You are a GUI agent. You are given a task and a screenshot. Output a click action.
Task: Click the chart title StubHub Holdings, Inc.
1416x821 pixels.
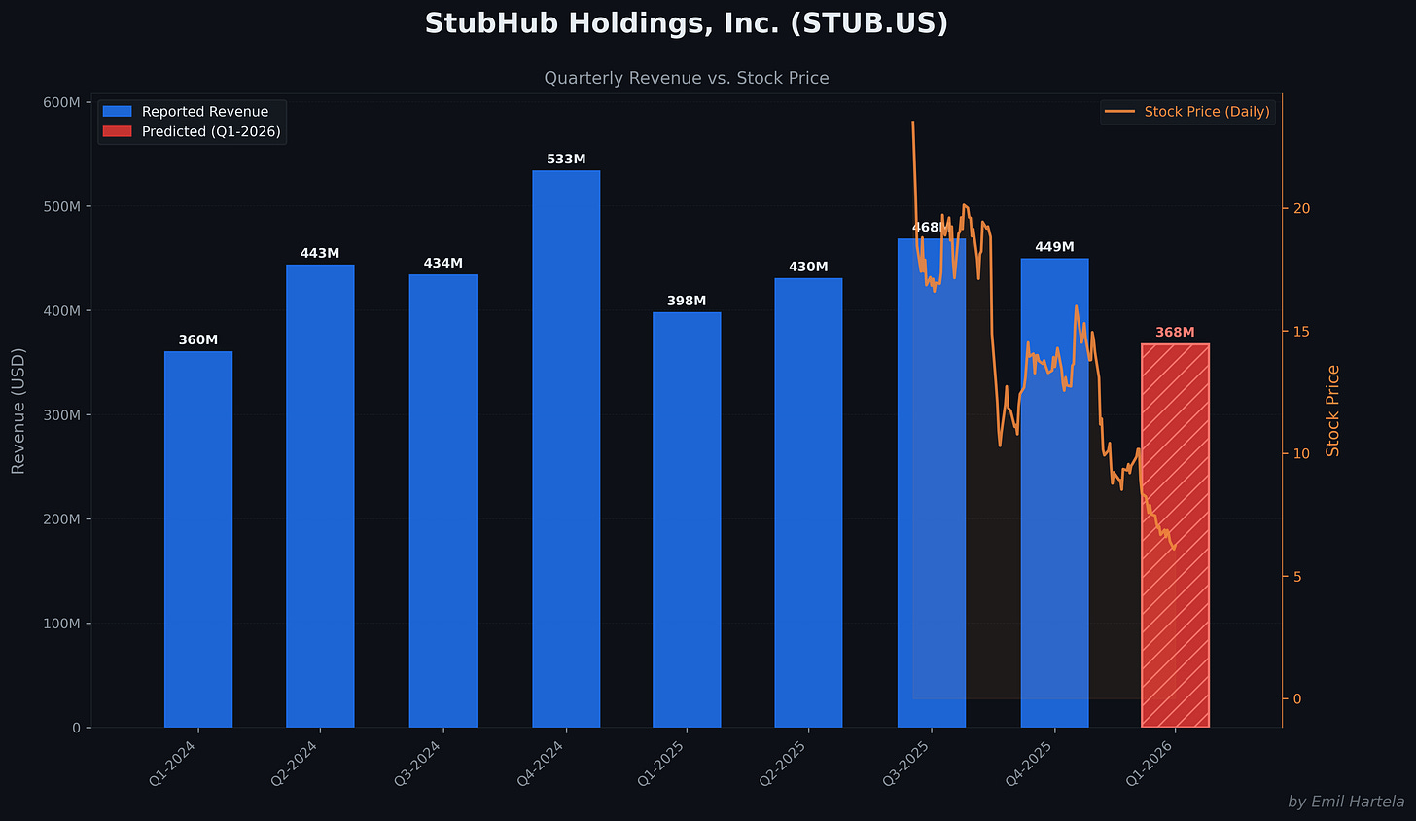tap(686, 23)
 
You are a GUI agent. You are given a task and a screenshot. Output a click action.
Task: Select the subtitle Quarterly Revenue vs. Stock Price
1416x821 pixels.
tap(686, 78)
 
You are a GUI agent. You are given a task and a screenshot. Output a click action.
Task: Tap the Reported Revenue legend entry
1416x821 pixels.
tap(204, 112)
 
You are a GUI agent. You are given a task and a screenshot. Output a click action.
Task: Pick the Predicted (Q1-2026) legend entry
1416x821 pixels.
tap(210, 131)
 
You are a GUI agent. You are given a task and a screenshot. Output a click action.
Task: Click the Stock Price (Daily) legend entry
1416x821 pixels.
tap(1206, 112)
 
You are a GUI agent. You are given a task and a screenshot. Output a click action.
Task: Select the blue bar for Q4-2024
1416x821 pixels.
tap(566, 447)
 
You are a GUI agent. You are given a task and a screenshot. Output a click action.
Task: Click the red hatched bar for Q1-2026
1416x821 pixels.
tap(1175, 535)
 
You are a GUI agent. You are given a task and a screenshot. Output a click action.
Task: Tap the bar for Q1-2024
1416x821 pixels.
tap(198, 540)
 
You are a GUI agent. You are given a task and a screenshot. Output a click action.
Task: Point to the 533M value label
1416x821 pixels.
tap(566, 160)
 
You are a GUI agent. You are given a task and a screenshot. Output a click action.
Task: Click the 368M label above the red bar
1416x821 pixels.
tap(1175, 333)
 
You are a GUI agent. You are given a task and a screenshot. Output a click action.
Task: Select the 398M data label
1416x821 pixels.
tap(687, 302)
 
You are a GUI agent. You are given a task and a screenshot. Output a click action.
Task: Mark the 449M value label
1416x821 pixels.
tap(1054, 247)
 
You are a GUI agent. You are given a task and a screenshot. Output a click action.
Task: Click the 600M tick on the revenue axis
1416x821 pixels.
tap(62, 102)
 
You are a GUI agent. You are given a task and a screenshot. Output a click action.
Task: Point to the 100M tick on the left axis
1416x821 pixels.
tap(62, 624)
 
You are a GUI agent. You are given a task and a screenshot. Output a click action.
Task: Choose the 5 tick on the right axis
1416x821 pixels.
tap(1297, 577)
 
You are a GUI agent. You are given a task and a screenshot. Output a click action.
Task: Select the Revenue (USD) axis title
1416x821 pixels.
tap(18, 410)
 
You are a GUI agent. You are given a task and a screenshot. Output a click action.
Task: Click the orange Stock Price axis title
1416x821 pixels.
tap(1332, 410)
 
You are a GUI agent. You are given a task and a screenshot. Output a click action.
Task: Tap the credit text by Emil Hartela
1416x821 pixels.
tap(1345, 802)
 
